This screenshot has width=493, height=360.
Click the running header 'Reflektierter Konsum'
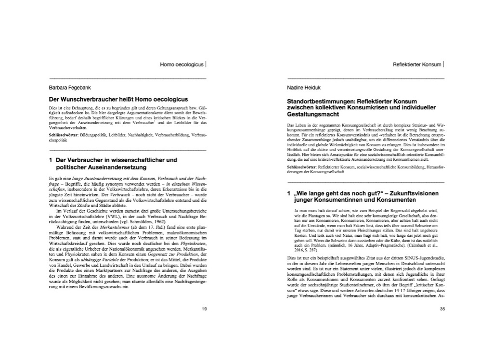[x=417, y=64]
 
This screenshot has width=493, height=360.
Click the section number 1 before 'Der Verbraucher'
[x=51, y=160]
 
